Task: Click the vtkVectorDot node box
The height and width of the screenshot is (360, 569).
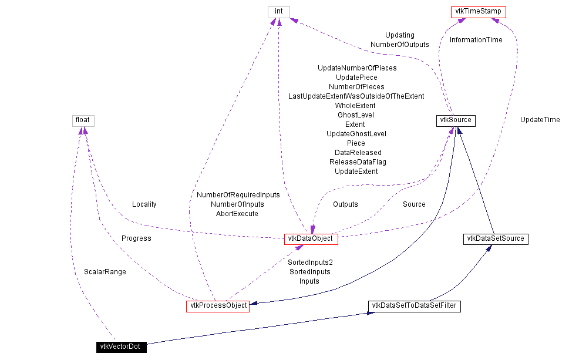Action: point(122,347)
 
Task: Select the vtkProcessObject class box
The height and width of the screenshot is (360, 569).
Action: point(217,306)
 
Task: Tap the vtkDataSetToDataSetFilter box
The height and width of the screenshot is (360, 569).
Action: point(415,306)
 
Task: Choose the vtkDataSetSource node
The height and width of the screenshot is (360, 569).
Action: point(494,239)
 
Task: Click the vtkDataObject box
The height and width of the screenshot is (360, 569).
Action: point(311,239)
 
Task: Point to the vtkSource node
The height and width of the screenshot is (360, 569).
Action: point(455,120)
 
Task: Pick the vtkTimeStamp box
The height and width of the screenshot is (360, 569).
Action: point(478,12)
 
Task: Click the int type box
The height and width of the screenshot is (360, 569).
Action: point(278,12)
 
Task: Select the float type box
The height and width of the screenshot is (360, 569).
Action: point(83,120)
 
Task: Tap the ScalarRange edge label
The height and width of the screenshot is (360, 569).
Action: point(105,272)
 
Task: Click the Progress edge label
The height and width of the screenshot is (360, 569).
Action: point(136,238)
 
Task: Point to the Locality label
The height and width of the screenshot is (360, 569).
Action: point(144,204)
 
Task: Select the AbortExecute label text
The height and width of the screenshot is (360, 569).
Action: point(237,214)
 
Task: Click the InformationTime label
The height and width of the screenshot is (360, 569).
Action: point(476,40)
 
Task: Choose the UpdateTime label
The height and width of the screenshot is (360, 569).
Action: point(540,120)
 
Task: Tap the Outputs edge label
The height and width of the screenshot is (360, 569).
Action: point(345,204)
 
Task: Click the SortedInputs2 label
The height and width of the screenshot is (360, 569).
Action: point(310,262)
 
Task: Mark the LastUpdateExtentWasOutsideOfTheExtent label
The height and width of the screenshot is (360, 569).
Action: point(356,96)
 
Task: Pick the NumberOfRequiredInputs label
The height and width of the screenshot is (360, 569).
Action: point(238,194)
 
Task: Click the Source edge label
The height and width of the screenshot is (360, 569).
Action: point(414,204)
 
